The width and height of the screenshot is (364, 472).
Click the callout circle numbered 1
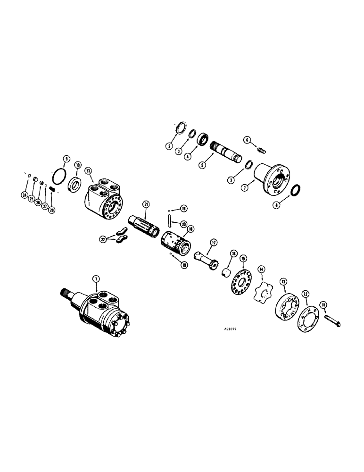[x=96, y=279]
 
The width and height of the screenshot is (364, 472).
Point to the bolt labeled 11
[x=332, y=320]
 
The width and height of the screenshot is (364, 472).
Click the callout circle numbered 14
[x=262, y=269]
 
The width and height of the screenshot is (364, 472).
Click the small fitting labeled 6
[x=262, y=150]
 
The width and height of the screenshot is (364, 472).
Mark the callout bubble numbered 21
[x=146, y=204]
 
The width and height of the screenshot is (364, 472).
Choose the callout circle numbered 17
[x=214, y=243]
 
